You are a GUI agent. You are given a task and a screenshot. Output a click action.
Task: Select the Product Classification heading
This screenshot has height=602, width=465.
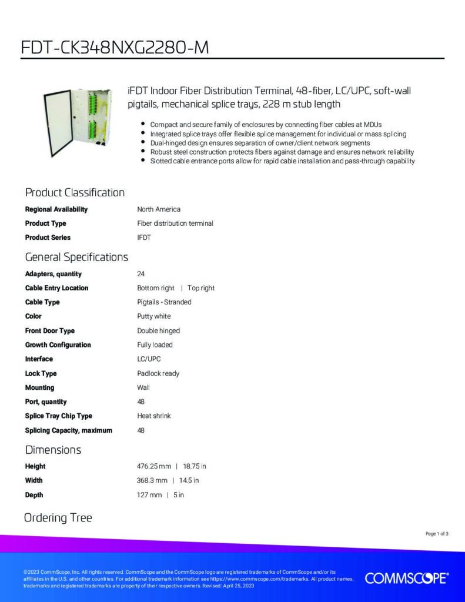[75, 192]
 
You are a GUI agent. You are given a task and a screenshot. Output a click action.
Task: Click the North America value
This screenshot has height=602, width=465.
[159, 209]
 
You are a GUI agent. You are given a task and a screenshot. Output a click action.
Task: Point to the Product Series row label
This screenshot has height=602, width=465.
[48, 238]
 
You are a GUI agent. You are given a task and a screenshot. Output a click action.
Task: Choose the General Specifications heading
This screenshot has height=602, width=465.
[76, 257]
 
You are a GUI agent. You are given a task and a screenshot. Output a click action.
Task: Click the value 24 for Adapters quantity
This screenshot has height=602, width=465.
[140, 274]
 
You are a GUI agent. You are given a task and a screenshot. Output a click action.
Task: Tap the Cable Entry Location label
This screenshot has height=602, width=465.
[56, 288]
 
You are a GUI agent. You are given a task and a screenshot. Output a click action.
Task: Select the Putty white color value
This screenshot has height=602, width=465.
[153, 316]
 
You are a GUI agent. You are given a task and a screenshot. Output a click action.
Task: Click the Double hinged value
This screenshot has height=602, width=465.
[158, 330]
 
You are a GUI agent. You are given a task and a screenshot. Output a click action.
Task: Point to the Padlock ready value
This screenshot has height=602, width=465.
[158, 373]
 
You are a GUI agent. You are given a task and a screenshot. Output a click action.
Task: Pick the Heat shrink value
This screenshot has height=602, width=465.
[153, 416]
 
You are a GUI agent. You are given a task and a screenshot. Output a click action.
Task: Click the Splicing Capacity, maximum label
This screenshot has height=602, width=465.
[68, 430]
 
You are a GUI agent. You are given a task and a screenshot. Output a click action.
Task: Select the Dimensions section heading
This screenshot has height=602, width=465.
[53, 450]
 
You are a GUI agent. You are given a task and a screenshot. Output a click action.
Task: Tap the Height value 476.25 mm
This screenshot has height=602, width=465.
[153, 466]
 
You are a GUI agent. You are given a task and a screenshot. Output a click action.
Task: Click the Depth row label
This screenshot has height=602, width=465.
[34, 495]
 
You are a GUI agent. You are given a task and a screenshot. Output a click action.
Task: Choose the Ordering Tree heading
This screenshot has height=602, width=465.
[58, 518]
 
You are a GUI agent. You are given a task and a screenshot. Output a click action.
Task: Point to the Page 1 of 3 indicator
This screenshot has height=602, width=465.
[437, 534]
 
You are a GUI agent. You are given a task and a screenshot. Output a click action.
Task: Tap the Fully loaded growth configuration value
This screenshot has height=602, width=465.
[155, 345]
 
